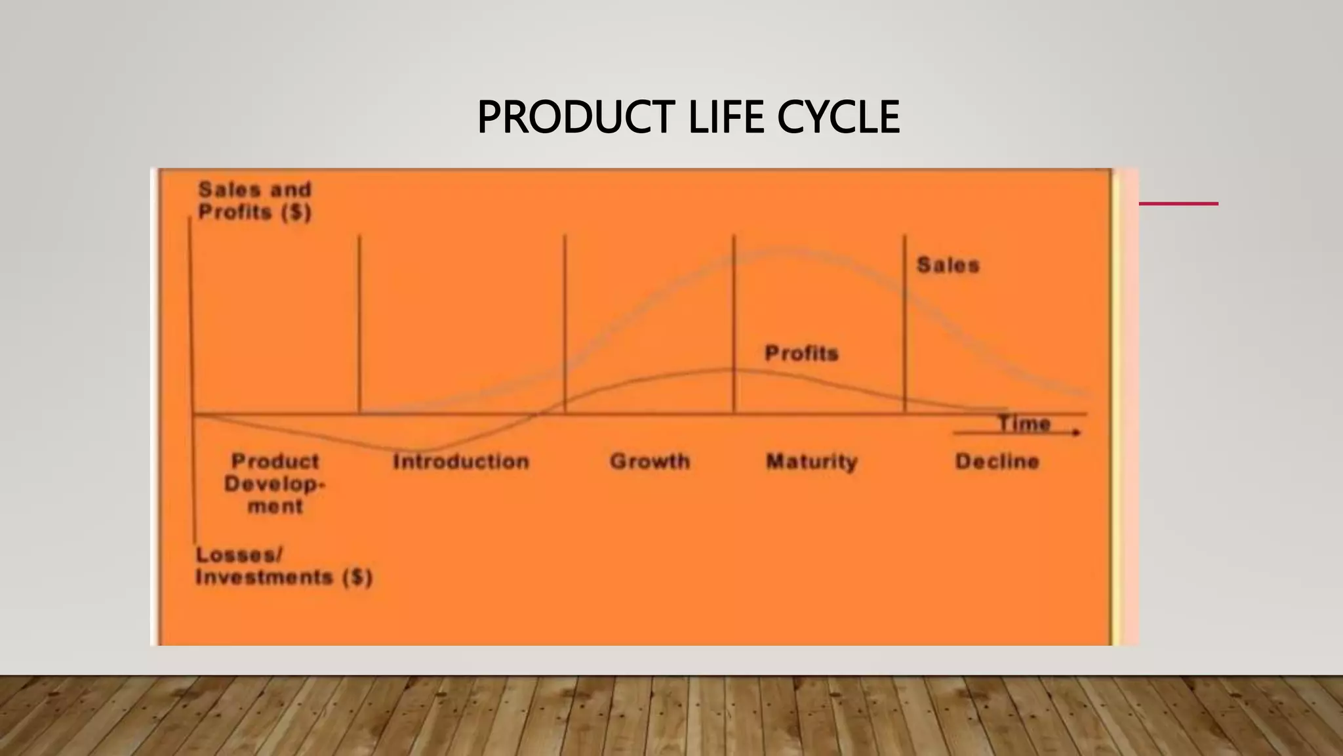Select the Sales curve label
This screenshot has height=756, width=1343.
click(948, 265)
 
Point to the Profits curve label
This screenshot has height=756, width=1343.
click(801, 353)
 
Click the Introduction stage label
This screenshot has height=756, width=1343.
click(461, 461)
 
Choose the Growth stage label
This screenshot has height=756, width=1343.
click(650, 461)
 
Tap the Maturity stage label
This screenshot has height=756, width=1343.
click(812, 461)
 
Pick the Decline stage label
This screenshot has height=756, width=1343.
click(997, 461)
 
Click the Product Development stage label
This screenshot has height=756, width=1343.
click(275, 484)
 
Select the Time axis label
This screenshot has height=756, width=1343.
click(1024, 423)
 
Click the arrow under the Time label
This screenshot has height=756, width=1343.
click(1016, 433)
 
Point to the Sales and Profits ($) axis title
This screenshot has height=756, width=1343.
click(254, 201)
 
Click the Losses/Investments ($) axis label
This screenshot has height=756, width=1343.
click(283, 566)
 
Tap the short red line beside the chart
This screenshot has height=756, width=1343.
click(1178, 204)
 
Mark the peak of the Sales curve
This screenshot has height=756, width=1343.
click(784, 250)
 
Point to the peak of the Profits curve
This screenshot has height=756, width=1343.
click(731, 369)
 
